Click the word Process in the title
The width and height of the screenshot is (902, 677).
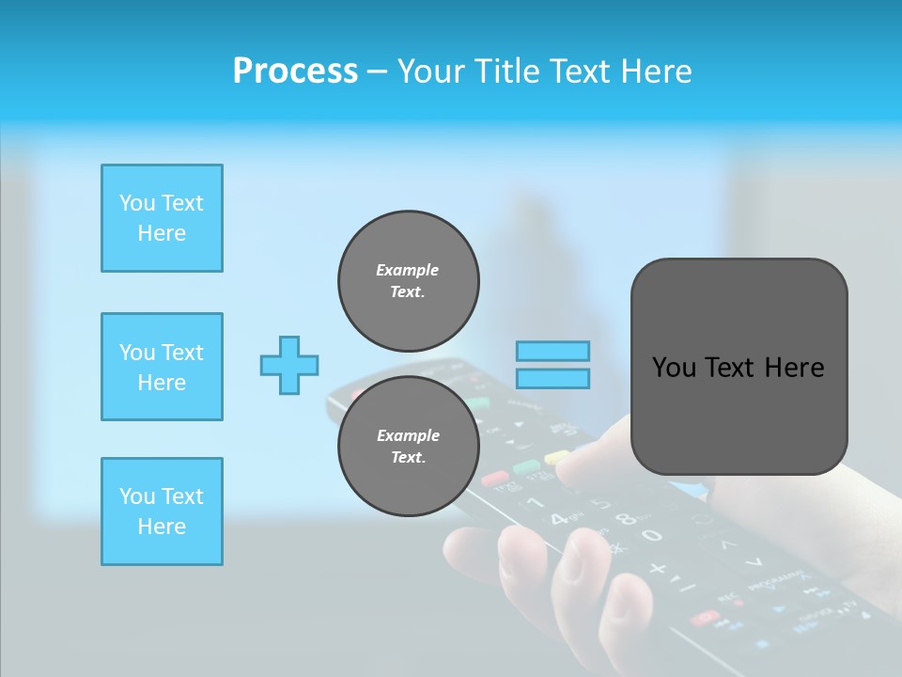[295, 71]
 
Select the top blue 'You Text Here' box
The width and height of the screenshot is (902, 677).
[162, 218]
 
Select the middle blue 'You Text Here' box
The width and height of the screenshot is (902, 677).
[162, 367]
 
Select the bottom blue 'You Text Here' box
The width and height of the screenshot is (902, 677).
[162, 512]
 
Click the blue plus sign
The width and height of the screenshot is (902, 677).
[289, 365]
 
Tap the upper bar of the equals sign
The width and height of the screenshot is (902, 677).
[552, 351]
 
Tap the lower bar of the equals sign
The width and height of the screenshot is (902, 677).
[552, 378]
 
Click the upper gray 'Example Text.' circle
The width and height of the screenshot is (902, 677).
[408, 281]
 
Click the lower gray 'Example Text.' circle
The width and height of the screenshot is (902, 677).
[408, 446]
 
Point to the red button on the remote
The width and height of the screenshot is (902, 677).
[495, 479]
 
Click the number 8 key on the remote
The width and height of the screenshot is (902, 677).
[621, 516]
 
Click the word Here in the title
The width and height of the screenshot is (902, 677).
[655, 71]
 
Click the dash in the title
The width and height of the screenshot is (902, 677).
[377, 71]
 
